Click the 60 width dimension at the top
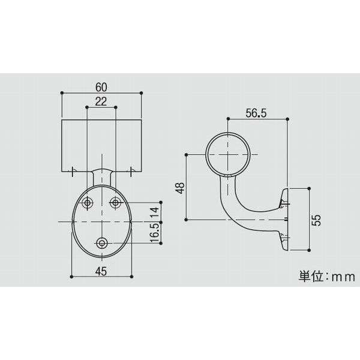pyautogui.click(x=101, y=86)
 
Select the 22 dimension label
pyautogui.click(x=101, y=101)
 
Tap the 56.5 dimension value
pyautogui.click(x=256, y=112)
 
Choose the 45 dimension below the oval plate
pyautogui.click(x=101, y=271)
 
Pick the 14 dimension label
pyautogui.click(x=154, y=211)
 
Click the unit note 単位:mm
pyautogui.click(x=327, y=277)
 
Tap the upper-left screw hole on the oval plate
pyautogui.click(x=88, y=203)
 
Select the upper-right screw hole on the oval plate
pyautogui.click(x=116, y=203)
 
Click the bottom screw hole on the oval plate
pyautogui.click(x=102, y=243)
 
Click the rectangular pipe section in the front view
pyautogui.click(x=101, y=144)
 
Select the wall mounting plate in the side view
pyautogui.click(x=286, y=218)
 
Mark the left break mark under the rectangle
pyautogui.click(x=73, y=172)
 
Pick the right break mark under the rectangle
pyautogui.click(x=130, y=172)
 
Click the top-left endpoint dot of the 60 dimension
pyautogui.click(x=63, y=93)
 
